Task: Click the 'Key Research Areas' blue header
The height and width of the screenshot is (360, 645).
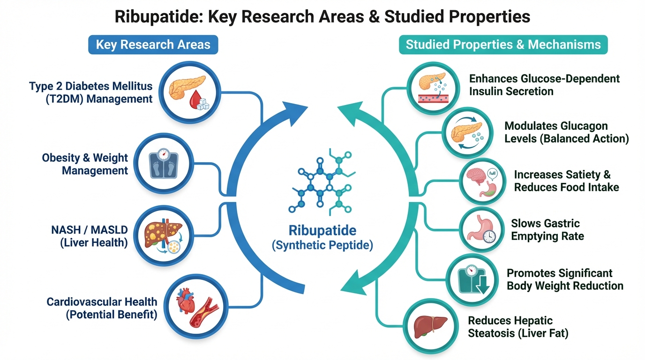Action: tap(153, 45)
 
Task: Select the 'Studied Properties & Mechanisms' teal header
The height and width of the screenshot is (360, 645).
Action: tap(503, 45)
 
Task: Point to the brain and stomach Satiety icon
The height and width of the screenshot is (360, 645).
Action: tap(481, 181)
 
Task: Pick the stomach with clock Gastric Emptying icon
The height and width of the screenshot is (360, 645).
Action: tap(479, 229)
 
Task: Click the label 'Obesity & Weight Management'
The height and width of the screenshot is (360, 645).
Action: tap(85, 164)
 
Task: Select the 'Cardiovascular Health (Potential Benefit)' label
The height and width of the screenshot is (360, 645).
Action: tap(102, 308)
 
